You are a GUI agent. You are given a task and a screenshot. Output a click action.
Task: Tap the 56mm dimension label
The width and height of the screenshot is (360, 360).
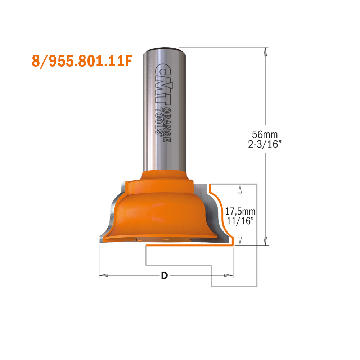[x=265, y=135]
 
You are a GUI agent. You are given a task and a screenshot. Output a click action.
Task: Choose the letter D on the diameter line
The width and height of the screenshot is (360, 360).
[x=164, y=276]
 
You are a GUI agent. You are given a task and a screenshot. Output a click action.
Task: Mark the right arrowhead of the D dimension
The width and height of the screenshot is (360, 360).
[x=229, y=276]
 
